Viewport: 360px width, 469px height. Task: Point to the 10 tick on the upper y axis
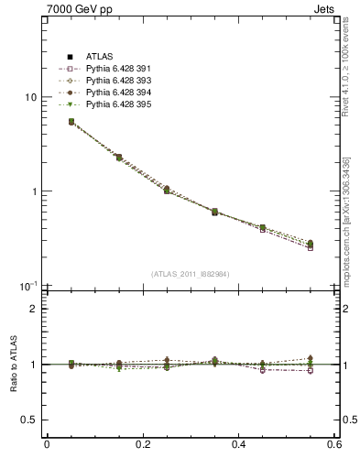30,97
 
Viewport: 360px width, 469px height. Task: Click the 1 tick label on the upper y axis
34,191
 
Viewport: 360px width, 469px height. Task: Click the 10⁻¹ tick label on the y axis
29,286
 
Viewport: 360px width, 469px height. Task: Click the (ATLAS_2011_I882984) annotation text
190,274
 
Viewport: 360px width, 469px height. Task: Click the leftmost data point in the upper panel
46,121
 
